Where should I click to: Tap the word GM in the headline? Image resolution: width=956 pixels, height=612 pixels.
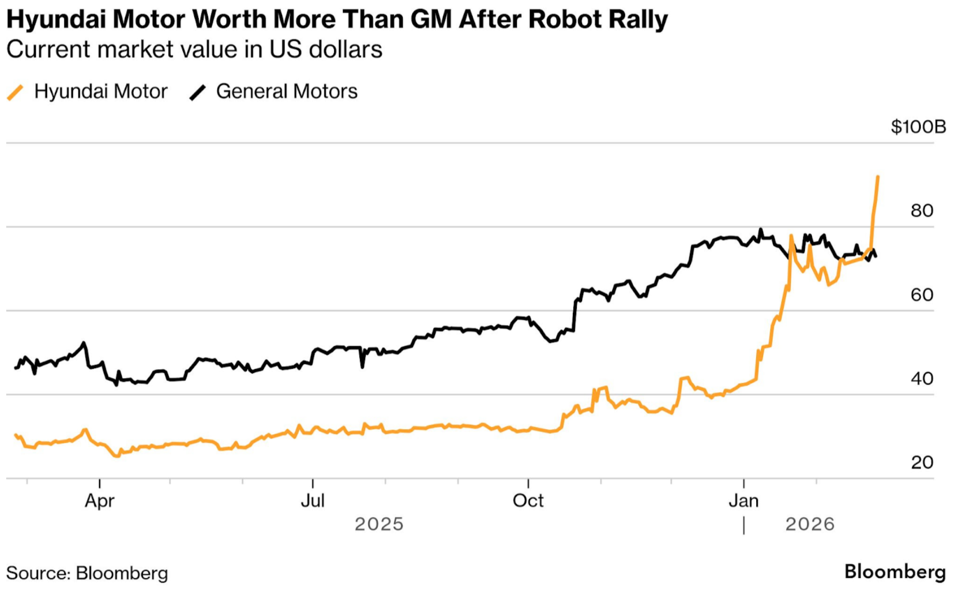[x=431, y=20]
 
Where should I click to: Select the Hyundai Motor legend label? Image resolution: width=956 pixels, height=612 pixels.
[x=100, y=92]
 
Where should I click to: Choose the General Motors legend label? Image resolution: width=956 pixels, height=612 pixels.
[x=286, y=92]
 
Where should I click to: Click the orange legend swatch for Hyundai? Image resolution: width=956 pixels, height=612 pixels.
[x=16, y=92]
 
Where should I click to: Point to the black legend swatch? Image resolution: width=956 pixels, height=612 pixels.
[x=198, y=92]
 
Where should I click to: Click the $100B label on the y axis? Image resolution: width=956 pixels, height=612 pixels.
[x=918, y=127]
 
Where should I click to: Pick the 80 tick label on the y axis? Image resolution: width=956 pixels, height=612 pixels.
[x=922, y=211]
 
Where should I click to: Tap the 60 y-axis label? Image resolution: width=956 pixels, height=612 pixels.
[x=922, y=295]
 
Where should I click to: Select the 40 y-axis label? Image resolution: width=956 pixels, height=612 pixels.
[x=922, y=378]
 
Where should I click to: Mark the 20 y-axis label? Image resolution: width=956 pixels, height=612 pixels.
[x=922, y=462]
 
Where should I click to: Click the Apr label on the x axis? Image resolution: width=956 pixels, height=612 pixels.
[x=99, y=501]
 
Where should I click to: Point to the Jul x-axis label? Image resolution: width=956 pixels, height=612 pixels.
[x=313, y=501]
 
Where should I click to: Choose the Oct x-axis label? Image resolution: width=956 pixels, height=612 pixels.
[x=528, y=501]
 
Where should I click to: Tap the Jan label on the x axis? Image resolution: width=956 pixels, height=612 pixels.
[x=744, y=501]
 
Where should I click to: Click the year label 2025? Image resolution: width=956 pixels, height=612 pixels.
[x=379, y=524]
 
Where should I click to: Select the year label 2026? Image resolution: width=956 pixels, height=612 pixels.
[x=810, y=524]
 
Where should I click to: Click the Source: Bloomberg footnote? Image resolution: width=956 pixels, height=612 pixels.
[x=87, y=573]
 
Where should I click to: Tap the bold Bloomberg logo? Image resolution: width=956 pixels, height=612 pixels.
[x=894, y=572]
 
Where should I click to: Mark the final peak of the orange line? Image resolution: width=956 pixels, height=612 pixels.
[x=878, y=177]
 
